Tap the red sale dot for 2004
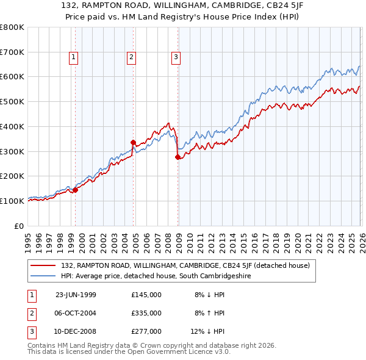[x=133, y=142]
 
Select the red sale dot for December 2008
[x=178, y=157]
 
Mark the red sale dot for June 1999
[x=76, y=190]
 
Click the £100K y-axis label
[x=12, y=201]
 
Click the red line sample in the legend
[x=43, y=265]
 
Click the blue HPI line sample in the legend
[x=43, y=276]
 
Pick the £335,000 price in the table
[x=146, y=313]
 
